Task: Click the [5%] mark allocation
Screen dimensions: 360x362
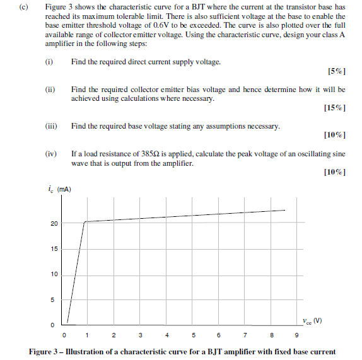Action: click(337, 71)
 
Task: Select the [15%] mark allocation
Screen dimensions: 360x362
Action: click(334, 108)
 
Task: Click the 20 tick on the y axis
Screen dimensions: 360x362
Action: click(54, 224)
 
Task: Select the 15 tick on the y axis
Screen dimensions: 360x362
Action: click(54, 249)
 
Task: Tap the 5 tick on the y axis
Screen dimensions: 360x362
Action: click(53, 299)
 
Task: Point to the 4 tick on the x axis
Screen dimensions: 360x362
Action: click(166, 335)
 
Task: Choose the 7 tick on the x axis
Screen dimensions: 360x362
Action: click(245, 335)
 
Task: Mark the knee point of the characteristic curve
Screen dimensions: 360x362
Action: click(85, 222)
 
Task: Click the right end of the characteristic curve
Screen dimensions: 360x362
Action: click(284, 211)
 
